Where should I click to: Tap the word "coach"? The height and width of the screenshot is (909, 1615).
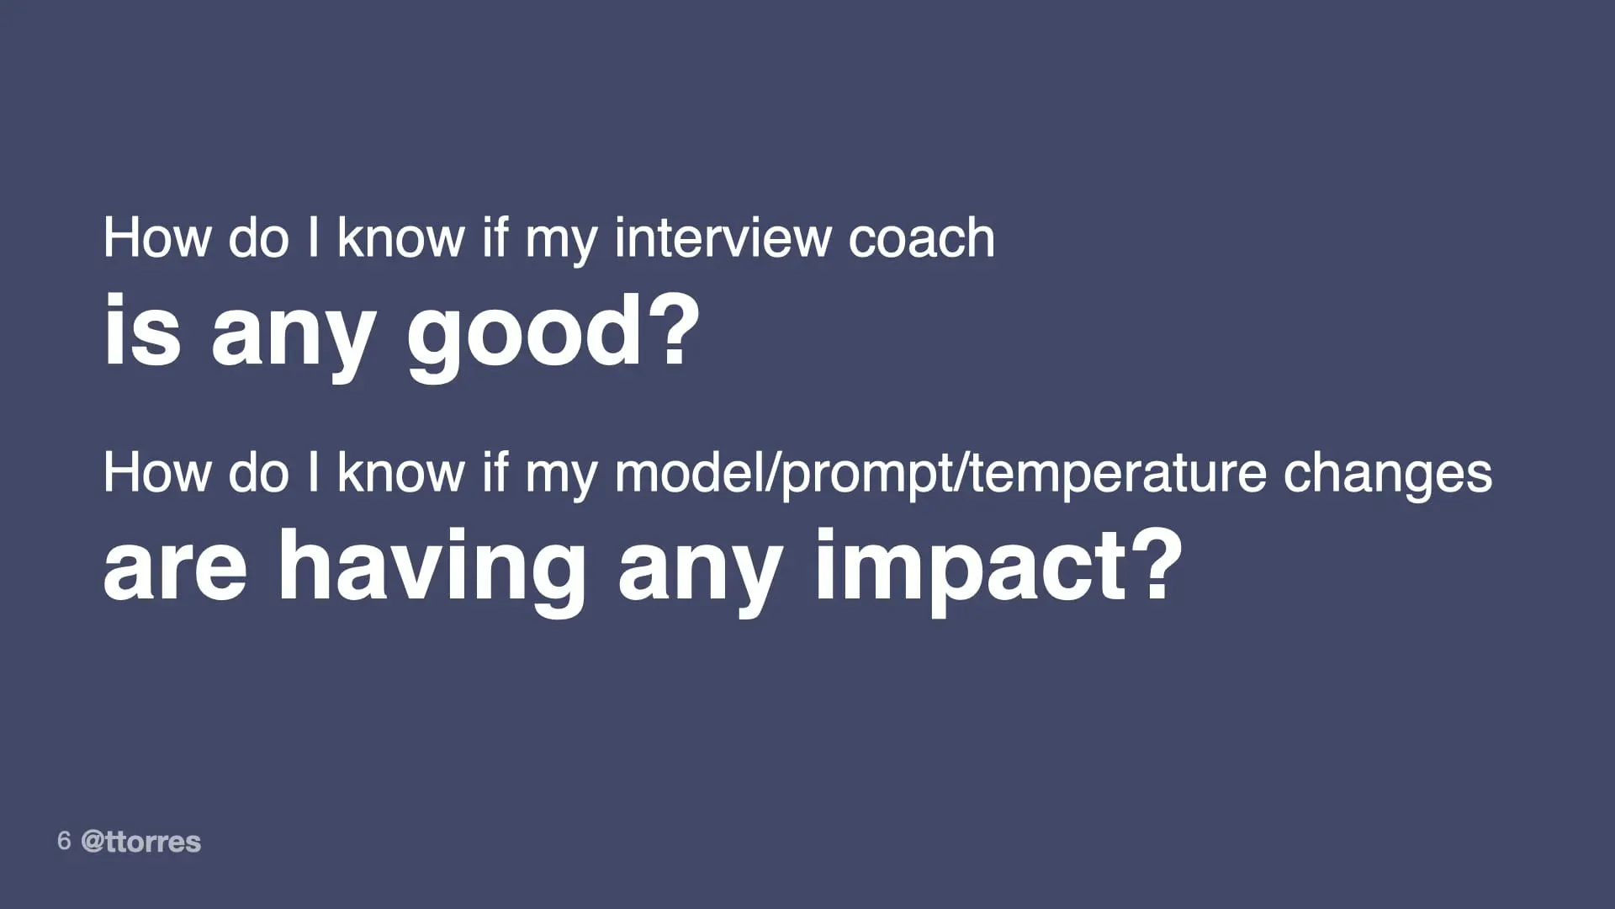pyautogui.click(x=921, y=238)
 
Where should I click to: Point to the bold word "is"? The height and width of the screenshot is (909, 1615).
pyautogui.click(x=141, y=332)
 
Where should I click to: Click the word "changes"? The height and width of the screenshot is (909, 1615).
pyautogui.click(x=1387, y=474)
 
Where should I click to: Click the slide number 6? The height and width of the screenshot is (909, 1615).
pyautogui.click(x=64, y=841)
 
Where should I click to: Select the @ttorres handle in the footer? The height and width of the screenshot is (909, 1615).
pyautogui.click(x=141, y=842)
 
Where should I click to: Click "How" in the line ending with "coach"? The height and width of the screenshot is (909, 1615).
pyautogui.click(x=156, y=238)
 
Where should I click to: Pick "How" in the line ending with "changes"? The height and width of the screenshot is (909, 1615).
pyautogui.click(x=156, y=473)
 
